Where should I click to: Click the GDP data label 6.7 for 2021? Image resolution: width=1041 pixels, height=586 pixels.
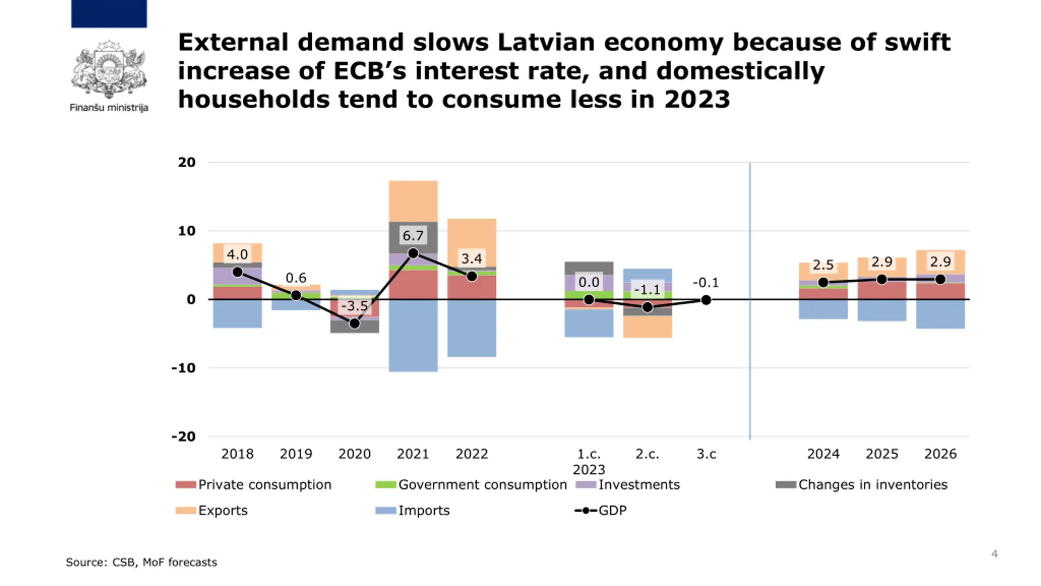click(413, 235)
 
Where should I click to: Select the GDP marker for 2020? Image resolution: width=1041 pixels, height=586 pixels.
click(355, 324)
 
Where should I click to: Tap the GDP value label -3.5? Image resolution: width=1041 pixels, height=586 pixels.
click(355, 306)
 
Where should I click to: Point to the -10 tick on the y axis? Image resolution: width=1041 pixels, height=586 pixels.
click(183, 368)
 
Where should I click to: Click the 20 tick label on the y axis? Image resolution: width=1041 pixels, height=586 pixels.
click(187, 162)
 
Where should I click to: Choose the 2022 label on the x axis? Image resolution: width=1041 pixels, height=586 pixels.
click(472, 454)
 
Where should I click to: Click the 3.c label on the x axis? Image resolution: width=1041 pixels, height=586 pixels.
click(706, 454)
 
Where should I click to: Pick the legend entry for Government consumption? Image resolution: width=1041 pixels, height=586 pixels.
click(472, 485)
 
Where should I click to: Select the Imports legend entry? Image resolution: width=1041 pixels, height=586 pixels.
click(413, 510)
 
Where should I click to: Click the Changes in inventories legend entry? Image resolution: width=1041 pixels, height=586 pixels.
click(862, 485)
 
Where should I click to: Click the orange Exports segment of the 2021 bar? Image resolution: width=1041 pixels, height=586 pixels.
click(413, 201)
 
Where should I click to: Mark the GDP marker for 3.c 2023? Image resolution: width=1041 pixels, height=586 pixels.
click(706, 300)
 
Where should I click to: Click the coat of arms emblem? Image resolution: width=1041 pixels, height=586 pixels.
click(109, 69)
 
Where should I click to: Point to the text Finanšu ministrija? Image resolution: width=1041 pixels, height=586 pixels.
click(109, 108)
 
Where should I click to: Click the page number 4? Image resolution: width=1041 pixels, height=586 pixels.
click(994, 554)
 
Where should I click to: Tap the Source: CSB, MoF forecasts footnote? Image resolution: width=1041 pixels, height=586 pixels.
click(142, 562)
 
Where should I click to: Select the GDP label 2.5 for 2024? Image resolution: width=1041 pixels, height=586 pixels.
click(823, 265)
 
